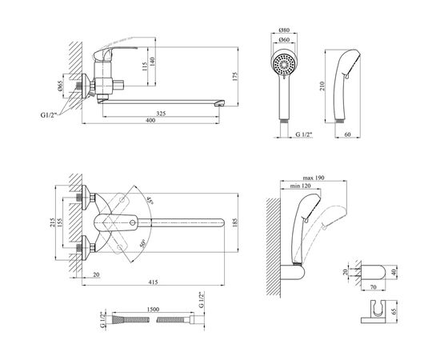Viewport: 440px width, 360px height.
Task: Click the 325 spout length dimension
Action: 161,114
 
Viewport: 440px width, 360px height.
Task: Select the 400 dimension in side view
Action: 150,120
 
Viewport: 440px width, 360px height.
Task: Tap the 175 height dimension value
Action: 235,77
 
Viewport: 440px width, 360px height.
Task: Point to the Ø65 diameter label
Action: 60,86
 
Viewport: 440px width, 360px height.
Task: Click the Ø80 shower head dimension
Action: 284,30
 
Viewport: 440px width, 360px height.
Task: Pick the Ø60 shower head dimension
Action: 284,40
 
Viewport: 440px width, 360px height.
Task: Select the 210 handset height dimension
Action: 322,86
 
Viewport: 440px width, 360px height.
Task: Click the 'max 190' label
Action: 314,178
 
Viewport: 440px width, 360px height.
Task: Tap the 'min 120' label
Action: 300,186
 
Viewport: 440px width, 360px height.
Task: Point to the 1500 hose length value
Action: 153,310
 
